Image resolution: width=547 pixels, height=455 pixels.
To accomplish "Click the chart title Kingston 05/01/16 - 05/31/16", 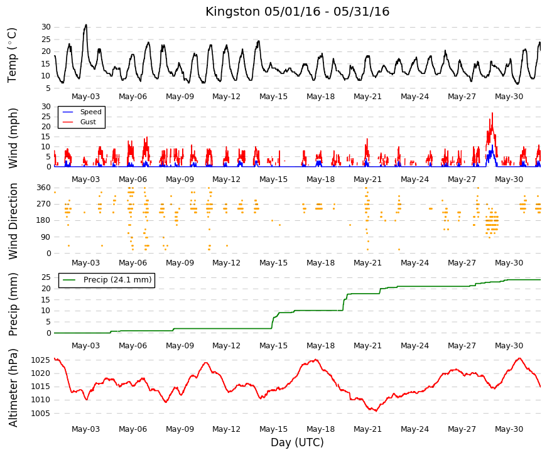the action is click(297, 11).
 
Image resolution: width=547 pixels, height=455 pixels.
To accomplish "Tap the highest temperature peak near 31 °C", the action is click(86, 25).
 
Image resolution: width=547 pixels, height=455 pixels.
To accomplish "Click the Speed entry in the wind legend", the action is click(90, 112).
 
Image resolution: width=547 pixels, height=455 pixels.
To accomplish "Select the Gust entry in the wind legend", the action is click(88, 122).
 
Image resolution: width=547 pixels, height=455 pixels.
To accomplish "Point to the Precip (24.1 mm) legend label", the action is click(117, 280).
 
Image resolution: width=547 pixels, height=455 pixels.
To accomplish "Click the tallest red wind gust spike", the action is click(492, 114).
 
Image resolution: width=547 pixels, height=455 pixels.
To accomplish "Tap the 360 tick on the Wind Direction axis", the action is click(43, 188).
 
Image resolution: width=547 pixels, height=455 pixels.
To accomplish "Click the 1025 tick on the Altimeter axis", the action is click(40, 360).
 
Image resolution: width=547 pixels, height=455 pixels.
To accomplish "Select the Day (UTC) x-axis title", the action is click(297, 442).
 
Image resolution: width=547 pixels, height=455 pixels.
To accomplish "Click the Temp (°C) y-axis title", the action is click(12, 55).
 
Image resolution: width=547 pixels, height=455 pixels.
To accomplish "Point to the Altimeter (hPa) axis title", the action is click(13, 388).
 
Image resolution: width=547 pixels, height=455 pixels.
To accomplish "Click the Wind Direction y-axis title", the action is click(13, 221).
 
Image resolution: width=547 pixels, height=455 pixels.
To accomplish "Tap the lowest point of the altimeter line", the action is click(376, 411).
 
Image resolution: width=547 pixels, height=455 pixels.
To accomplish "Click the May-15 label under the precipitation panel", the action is click(274, 346).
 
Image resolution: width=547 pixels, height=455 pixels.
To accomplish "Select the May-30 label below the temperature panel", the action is click(509, 97).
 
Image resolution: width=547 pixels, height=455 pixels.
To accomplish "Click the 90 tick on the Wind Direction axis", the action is click(46, 237).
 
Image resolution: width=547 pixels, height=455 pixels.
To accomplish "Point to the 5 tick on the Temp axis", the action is click(48, 88).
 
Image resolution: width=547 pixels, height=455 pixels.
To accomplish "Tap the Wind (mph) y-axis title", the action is click(13, 138).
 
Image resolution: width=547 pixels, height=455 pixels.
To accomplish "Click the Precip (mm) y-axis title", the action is click(13, 304).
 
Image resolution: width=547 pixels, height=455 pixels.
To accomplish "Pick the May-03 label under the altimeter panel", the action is click(85, 429).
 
